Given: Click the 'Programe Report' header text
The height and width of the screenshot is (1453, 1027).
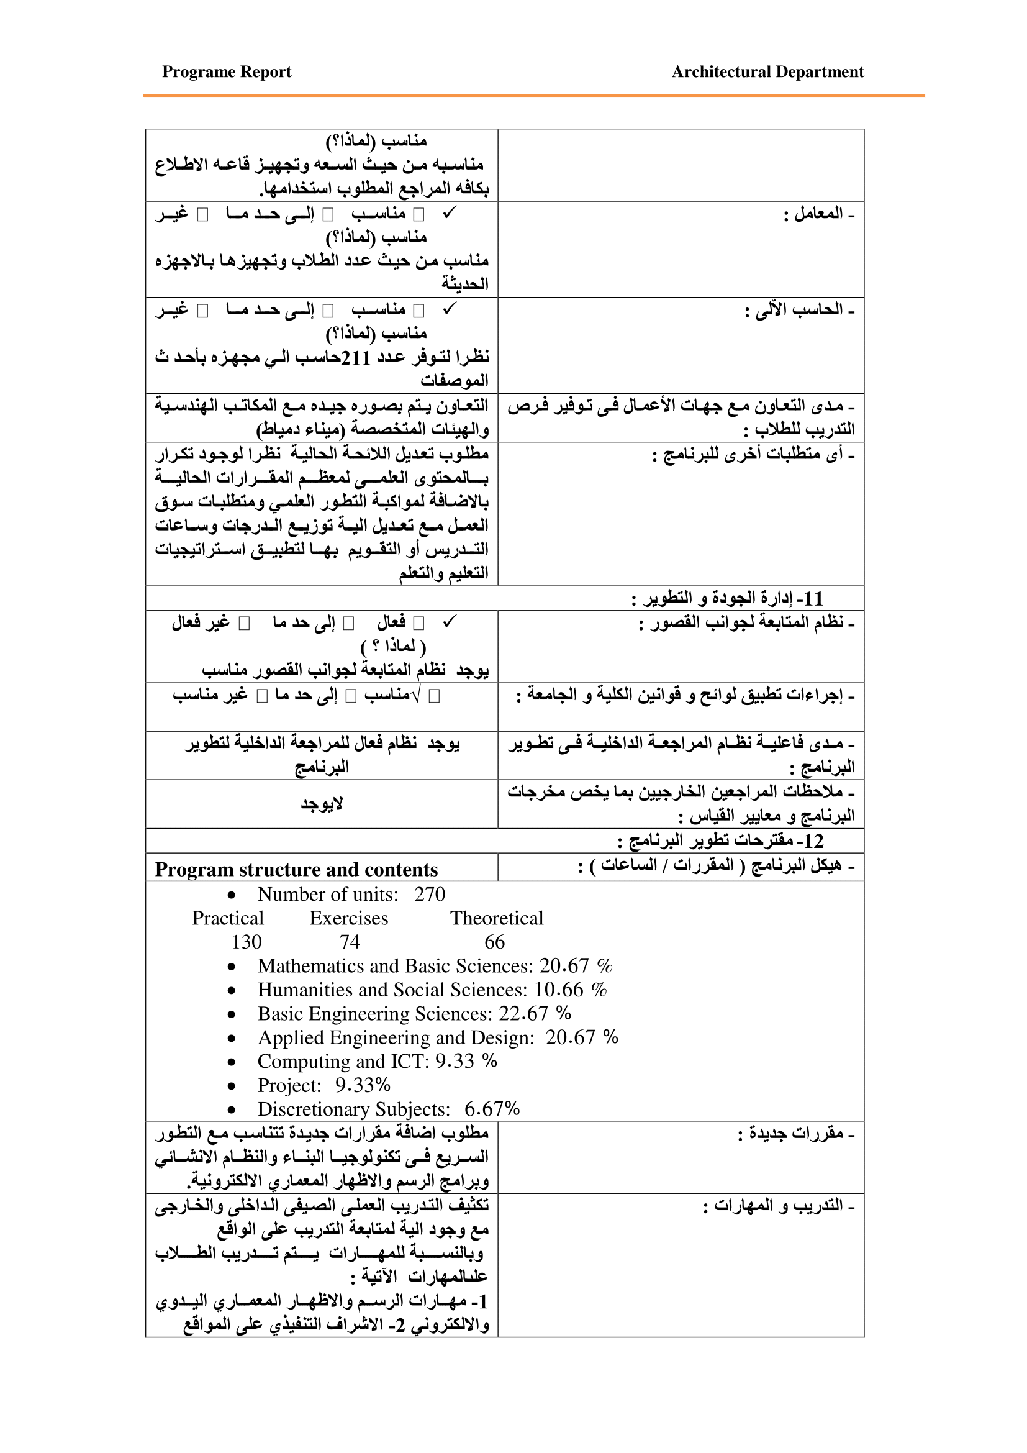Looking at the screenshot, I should coord(227,71).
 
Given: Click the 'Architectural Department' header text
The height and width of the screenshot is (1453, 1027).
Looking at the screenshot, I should coord(767,71).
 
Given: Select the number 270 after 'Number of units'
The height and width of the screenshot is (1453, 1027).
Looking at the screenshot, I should coord(430,894).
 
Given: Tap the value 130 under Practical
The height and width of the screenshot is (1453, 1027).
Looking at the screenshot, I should coord(247,942).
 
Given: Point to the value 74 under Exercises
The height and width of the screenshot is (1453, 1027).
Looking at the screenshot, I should coord(350,942).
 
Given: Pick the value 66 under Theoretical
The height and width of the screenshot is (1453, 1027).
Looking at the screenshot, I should coord(494,942).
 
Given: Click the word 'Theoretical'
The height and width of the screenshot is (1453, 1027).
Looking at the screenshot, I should coord(497,918).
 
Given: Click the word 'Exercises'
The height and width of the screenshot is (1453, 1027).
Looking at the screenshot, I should coord(348,918).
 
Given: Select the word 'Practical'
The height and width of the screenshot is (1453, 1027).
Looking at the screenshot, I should coord(228,918).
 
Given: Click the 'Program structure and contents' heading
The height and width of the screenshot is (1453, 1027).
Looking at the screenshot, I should coord(296,869).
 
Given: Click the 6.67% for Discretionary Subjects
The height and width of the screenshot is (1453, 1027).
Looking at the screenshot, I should coord(492,1109).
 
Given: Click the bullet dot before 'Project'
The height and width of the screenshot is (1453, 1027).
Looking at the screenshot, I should coord(232,1086).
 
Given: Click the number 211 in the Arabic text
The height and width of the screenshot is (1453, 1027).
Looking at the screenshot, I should coord(355,358).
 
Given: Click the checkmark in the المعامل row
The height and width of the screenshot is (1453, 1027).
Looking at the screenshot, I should coord(449,213).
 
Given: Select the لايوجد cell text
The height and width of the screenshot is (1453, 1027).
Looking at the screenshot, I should coord(321,804).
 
